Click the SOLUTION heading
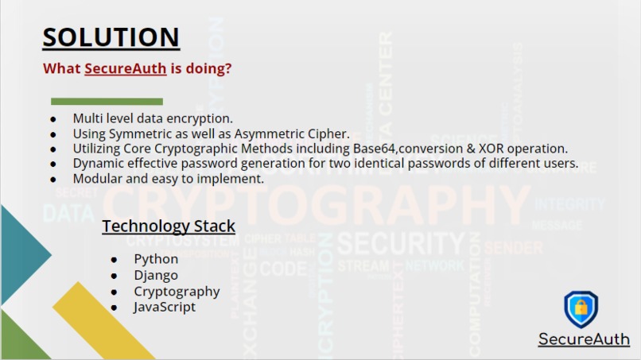click(x=111, y=37)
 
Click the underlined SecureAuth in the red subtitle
click(x=125, y=68)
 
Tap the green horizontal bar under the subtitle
click(x=107, y=102)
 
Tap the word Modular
click(x=98, y=179)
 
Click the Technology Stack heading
click(x=169, y=226)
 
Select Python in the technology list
click(x=156, y=259)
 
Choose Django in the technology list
click(x=156, y=275)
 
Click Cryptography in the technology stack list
click(x=177, y=291)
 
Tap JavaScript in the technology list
click(x=165, y=307)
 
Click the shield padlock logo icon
click(x=581, y=309)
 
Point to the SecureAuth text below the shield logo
click(x=584, y=339)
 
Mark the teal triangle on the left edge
click(x=20, y=254)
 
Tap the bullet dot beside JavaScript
click(x=115, y=308)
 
